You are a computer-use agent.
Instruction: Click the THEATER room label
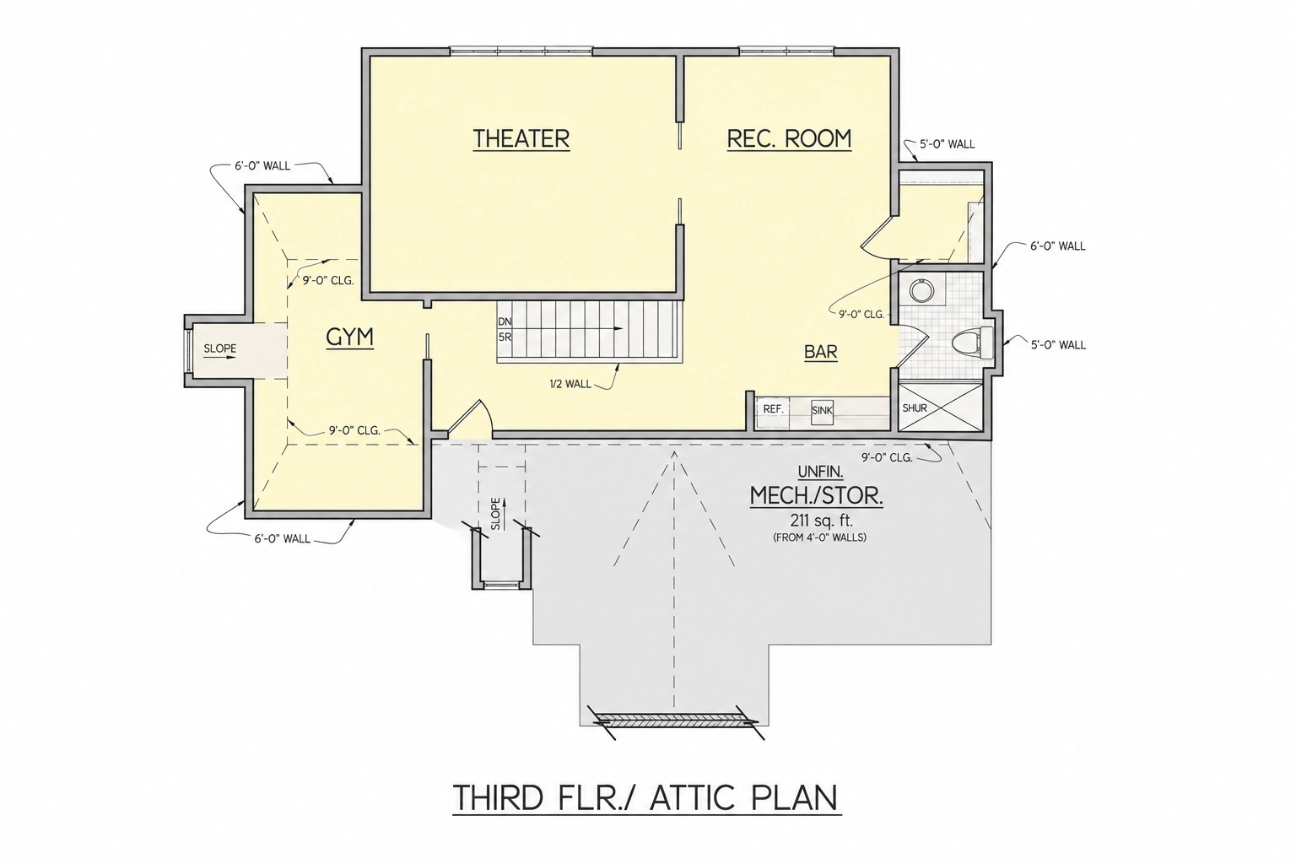click(521, 139)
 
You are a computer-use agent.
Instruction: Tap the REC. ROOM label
click(789, 139)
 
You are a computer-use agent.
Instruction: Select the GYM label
click(349, 337)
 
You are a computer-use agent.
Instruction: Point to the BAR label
click(821, 352)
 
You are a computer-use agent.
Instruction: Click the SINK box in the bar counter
click(822, 410)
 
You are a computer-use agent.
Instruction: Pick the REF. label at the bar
click(774, 409)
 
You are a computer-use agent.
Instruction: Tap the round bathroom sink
click(921, 290)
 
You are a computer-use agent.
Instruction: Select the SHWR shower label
click(915, 408)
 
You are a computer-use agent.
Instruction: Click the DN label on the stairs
click(505, 321)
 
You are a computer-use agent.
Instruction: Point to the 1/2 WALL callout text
click(570, 384)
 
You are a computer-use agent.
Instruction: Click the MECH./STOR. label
click(817, 496)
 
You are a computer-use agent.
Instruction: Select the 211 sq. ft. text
click(820, 520)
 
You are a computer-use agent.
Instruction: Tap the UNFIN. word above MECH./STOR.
click(820, 472)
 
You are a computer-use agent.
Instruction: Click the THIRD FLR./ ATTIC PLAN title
click(646, 798)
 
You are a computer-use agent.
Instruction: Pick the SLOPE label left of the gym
click(220, 348)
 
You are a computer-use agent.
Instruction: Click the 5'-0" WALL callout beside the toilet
click(1058, 345)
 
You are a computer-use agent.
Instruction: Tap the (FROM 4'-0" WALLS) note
click(820, 537)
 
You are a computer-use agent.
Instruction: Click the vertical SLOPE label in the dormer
click(496, 514)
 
